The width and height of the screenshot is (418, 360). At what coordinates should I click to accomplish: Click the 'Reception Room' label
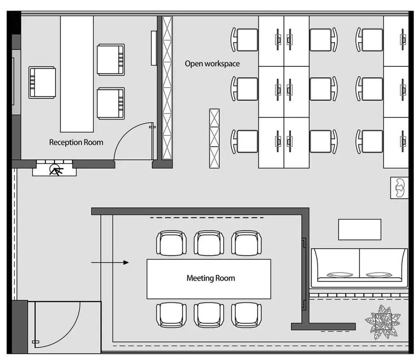76,142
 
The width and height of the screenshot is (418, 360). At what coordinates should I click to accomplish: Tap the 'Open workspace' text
212,64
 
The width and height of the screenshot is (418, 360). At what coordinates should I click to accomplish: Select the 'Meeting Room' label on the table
211,278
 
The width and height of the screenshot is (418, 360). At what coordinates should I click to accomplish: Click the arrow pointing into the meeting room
110,263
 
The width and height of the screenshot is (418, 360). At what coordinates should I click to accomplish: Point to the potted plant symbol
383,323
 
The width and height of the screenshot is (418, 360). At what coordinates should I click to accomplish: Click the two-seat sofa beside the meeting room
359,268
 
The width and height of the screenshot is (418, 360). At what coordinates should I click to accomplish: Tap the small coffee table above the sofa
359,230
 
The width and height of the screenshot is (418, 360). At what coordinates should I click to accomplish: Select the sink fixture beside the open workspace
399,188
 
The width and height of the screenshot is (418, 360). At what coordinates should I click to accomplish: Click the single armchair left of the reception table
42,83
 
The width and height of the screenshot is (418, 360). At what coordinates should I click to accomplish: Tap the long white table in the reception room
77,74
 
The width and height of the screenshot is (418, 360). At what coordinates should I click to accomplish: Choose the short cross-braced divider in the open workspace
214,138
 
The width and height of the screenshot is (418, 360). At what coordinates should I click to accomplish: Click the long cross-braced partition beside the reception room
167,88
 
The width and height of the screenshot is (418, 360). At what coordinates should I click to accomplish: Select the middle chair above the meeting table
209,243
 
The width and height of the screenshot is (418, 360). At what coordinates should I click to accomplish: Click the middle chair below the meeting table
209,315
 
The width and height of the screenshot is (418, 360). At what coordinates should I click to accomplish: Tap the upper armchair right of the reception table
111,60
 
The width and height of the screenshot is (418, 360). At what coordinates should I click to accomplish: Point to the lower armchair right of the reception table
111,103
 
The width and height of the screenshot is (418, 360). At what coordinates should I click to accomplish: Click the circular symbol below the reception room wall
54,170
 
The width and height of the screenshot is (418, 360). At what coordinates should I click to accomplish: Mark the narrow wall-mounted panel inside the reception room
154,48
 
